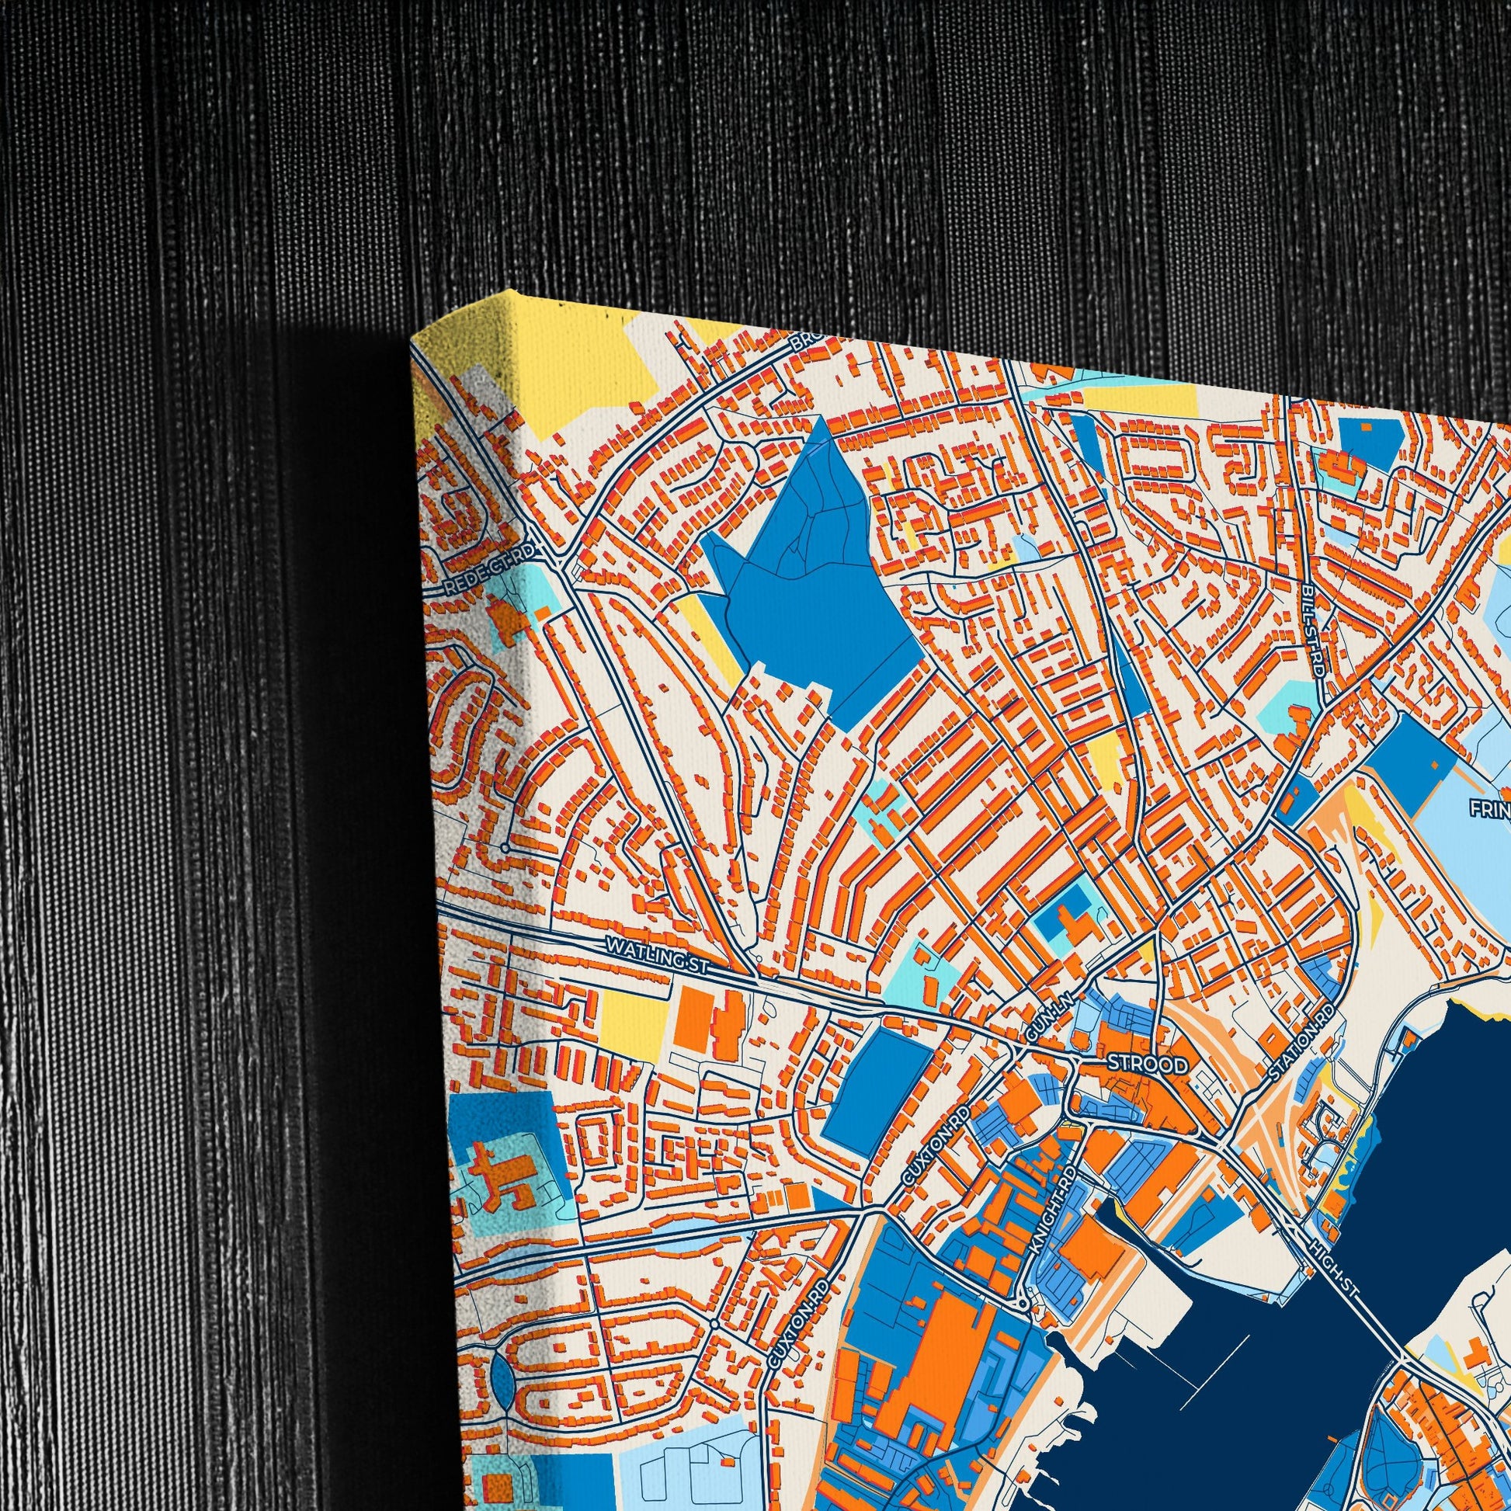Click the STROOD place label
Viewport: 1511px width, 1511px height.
(x=1148, y=1065)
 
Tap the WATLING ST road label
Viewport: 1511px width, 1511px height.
(x=656, y=956)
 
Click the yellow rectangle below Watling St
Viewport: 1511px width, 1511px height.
(x=634, y=1016)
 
